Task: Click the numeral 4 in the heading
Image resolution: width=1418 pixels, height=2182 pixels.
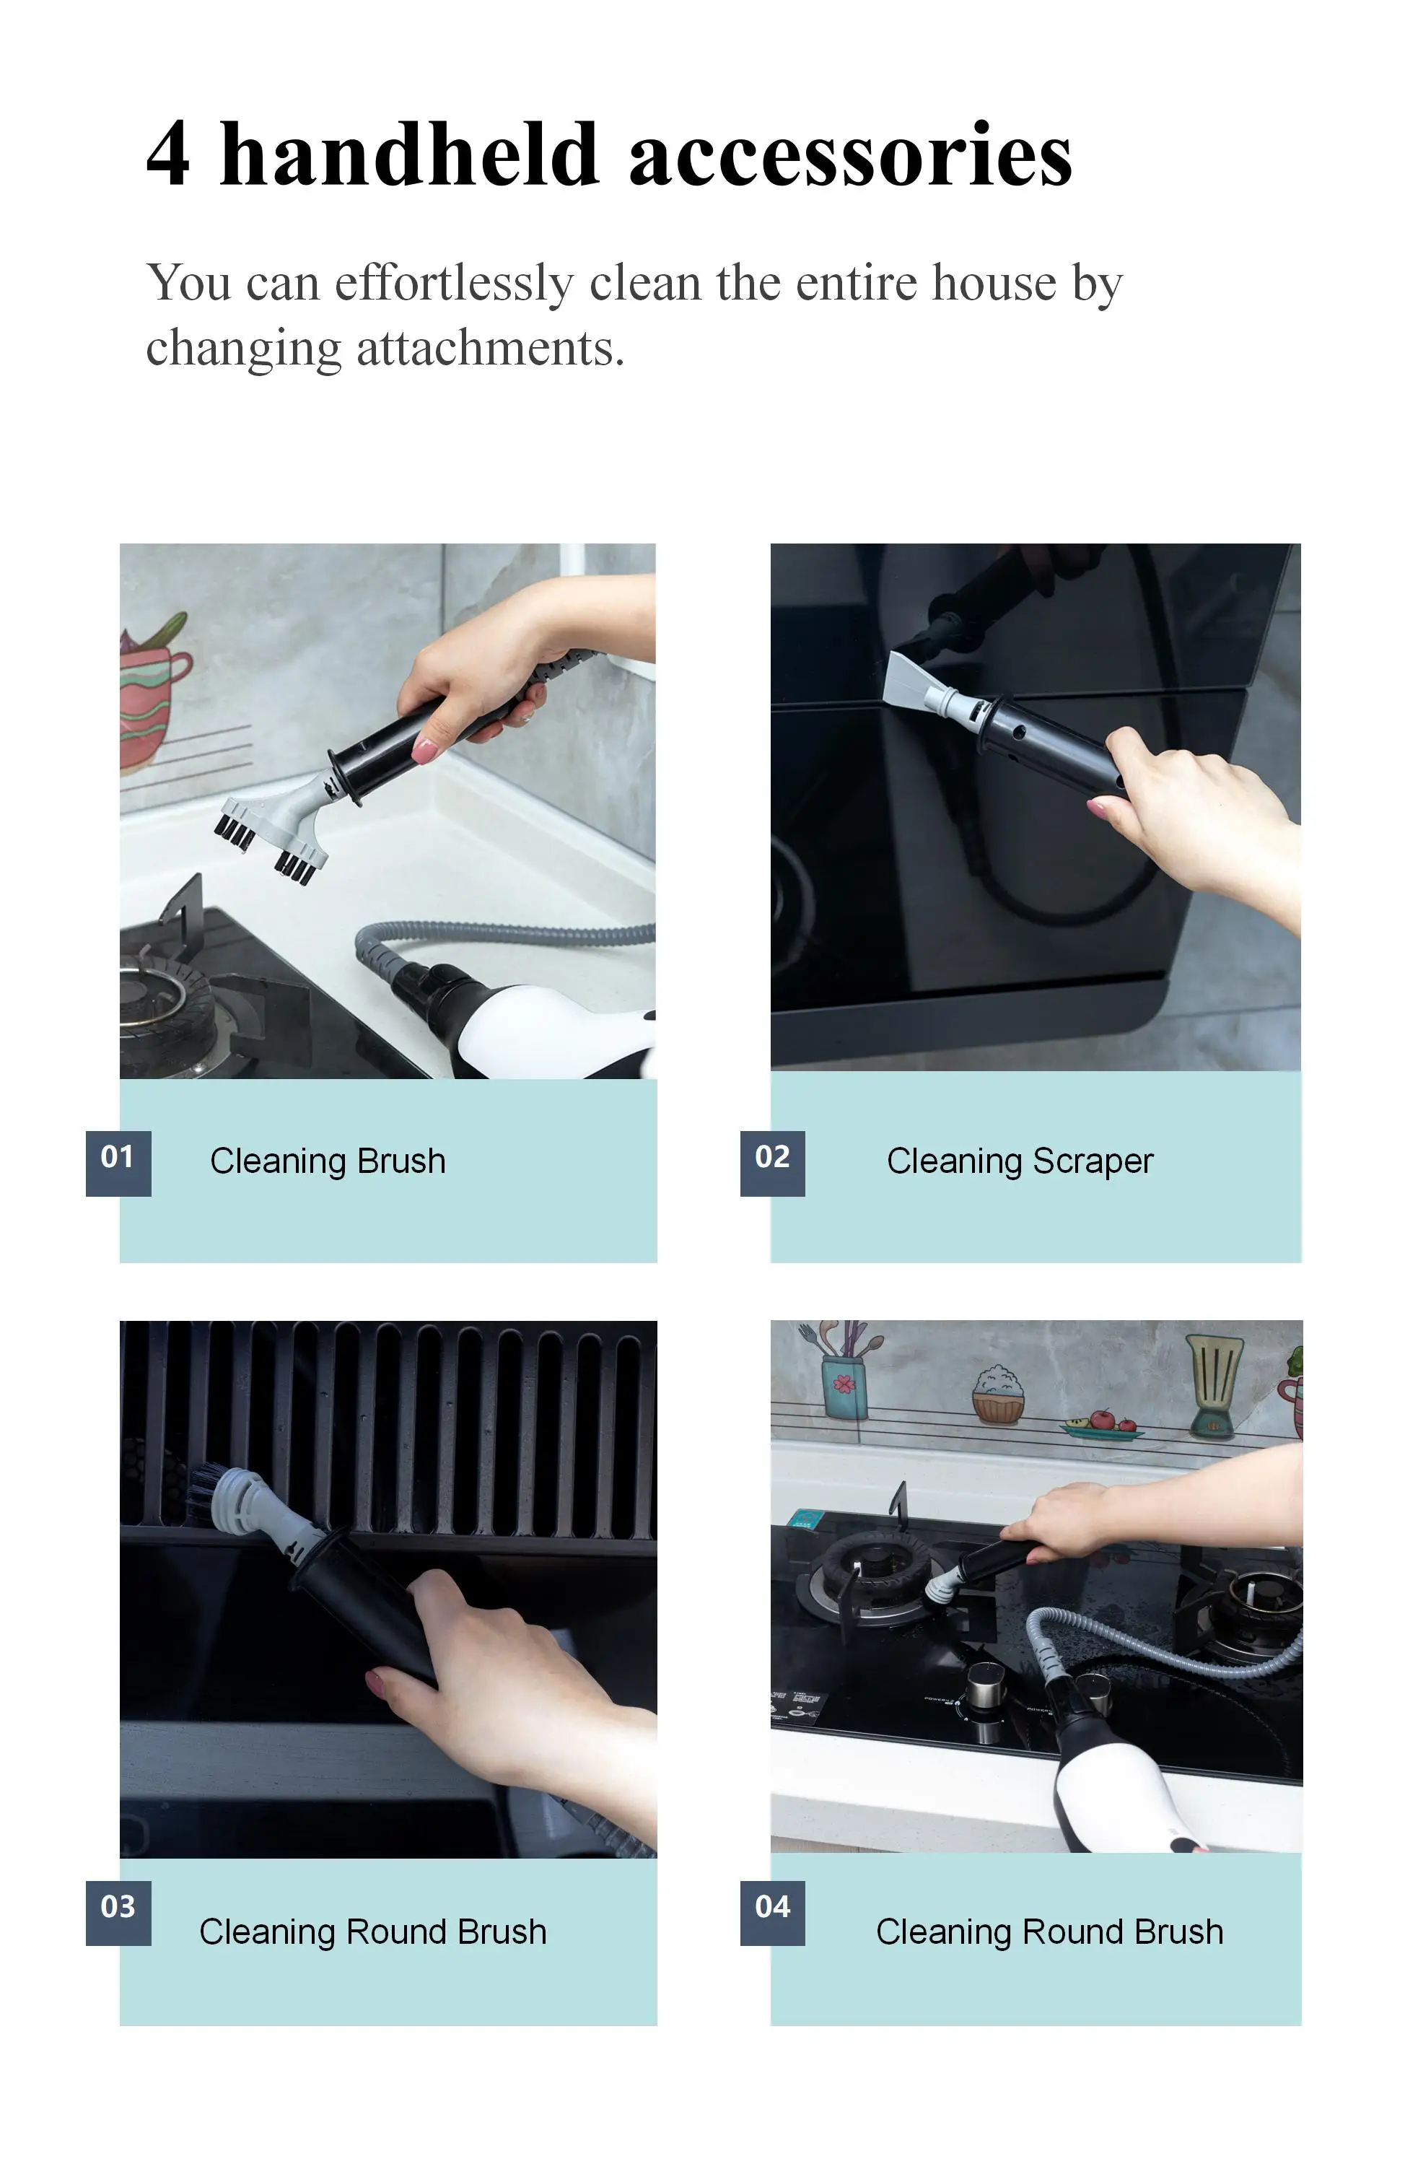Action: (x=169, y=154)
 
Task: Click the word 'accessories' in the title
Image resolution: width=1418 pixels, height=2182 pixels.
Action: (x=849, y=154)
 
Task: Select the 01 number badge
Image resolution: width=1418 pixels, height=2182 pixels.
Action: (x=118, y=1164)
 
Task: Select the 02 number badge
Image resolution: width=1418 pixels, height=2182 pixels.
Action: (x=773, y=1164)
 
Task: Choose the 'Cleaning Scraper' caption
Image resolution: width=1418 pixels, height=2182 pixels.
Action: (x=1019, y=1161)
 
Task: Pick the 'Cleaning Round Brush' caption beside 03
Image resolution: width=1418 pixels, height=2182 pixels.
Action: (x=373, y=1932)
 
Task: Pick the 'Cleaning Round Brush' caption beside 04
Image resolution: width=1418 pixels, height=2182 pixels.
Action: (x=1049, y=1932)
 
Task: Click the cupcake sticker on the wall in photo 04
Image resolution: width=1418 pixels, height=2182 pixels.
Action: (x=998, y=1395)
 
